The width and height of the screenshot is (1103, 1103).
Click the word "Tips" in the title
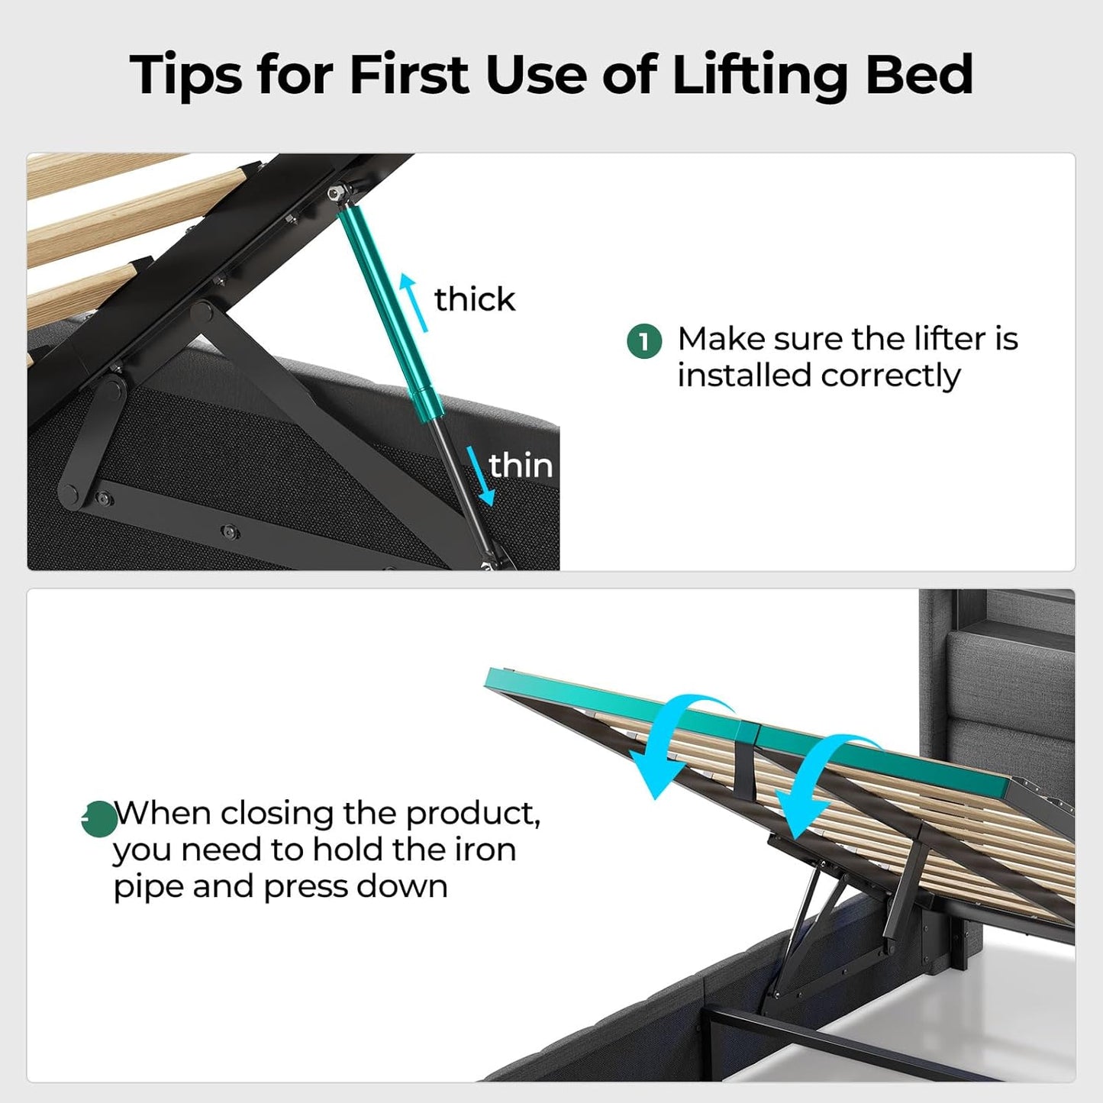pos(186,75)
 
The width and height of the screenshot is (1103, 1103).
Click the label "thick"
pos(474,299)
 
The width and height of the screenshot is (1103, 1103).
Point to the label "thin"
pos(521,465)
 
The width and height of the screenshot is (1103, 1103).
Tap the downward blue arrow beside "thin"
pos(482,476)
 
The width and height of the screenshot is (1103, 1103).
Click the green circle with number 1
pos(643,341)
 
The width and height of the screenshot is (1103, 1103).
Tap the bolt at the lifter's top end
pos(334,195)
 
